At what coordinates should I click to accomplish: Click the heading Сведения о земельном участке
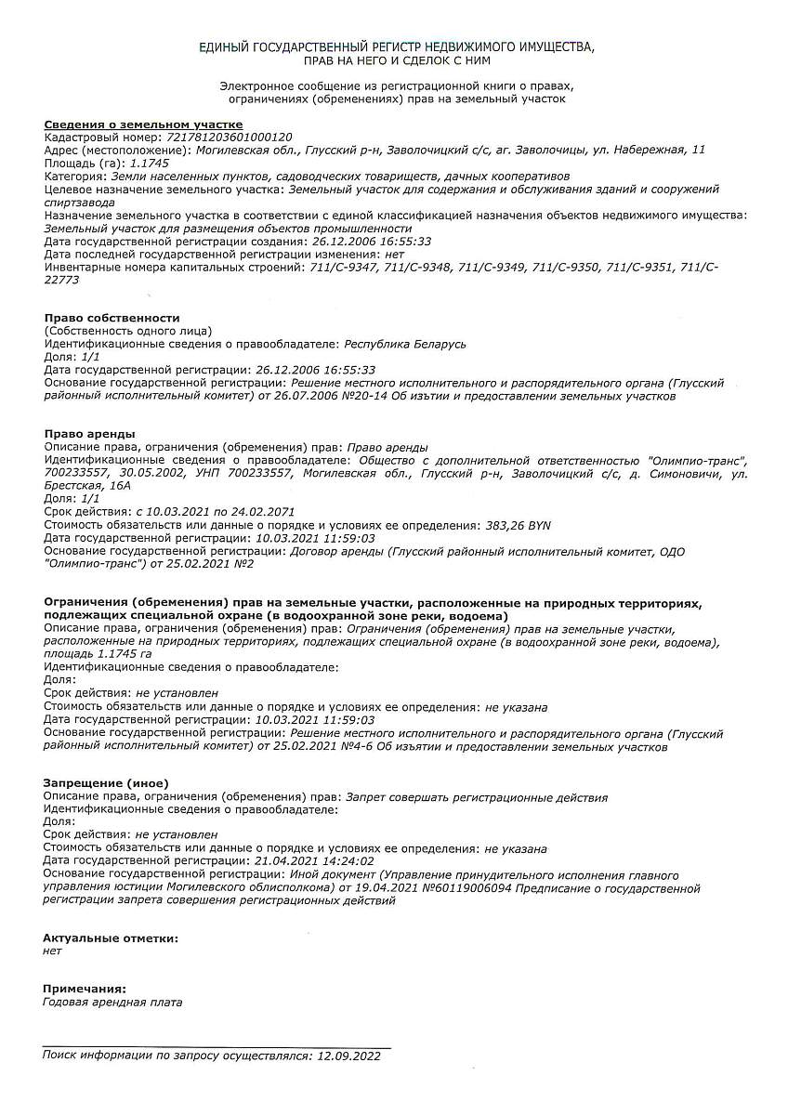[x=143, y=124]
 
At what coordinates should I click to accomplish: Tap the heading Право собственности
[x=112, y=318]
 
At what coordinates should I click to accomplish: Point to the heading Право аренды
[x=90, y=434]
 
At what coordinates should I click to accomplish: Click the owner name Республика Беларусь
[x=404, y=344]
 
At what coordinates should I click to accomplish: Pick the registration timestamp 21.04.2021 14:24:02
[x=314, y=861]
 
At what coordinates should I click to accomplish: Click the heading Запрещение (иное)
[x=107, y=783]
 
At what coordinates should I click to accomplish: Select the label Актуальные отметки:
[x=111, y=938]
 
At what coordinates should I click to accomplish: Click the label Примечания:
[x=85, y=989]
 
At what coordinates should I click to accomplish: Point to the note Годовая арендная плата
[x=113, y=1003]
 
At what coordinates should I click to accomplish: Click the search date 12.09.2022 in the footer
[x=349, y=1056]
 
